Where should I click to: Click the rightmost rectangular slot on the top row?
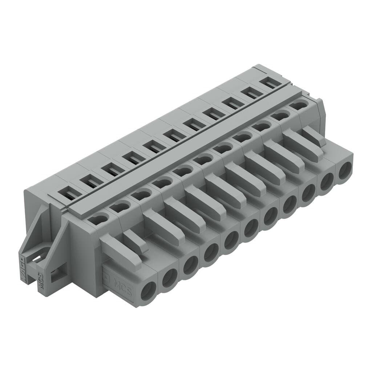pyautogui.click(x=269, y=84)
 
